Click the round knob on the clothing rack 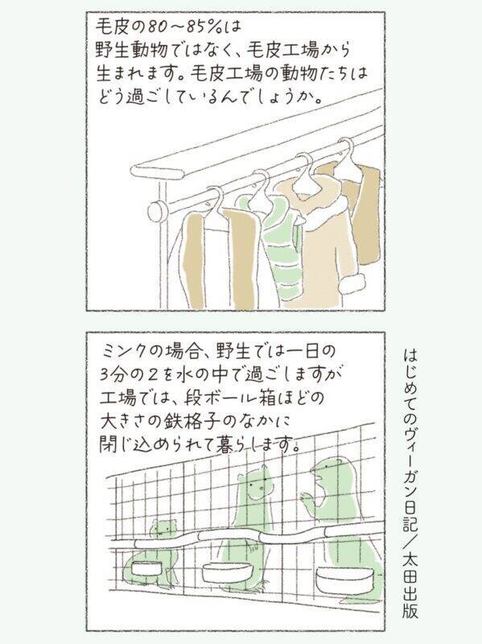[156, 212]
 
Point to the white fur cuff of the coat [351, 283]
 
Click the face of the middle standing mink [257, 485]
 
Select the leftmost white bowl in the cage [147, 568]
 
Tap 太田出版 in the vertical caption [410, 588]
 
